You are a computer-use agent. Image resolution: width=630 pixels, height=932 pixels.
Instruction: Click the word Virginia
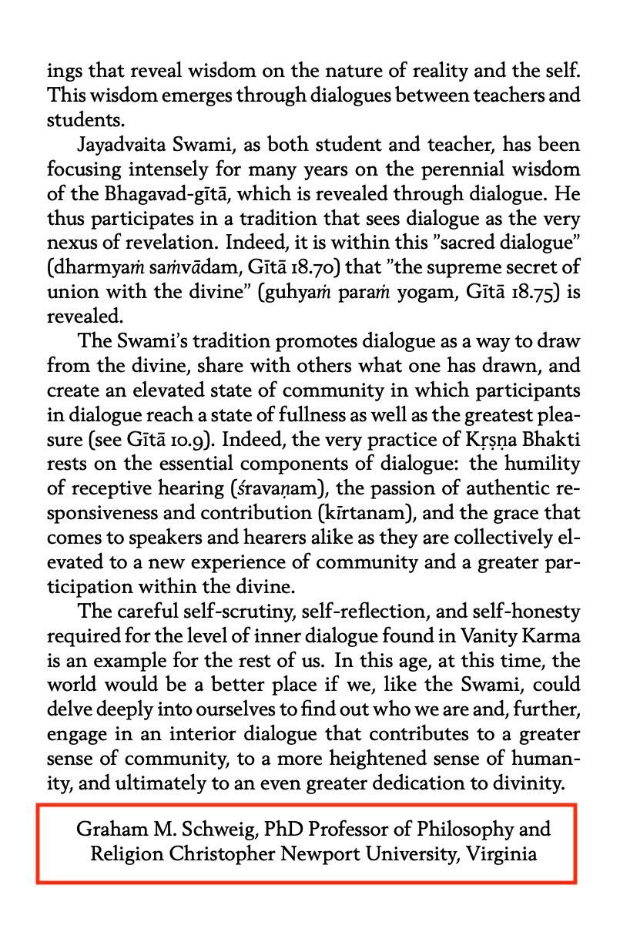point(501,853)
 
